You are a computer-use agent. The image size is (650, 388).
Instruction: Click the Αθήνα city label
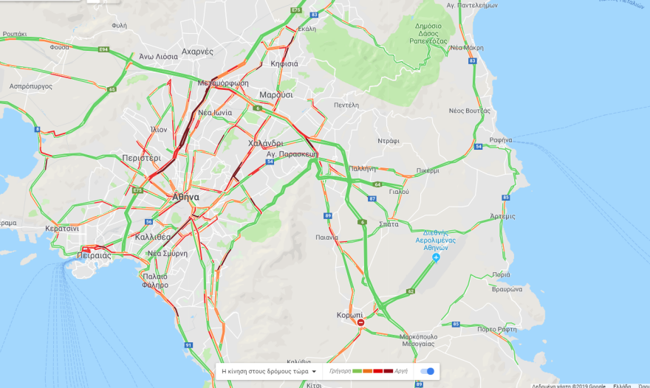pos(185,197)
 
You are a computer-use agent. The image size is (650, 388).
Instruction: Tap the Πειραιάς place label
pos(93,255)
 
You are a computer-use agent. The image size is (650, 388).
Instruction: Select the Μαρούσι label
pos(276,95)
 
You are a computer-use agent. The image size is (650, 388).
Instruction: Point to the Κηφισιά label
pos(284,63)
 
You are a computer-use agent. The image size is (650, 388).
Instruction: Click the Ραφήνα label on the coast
pos(500,139)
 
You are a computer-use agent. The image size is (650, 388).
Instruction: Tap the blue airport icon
pos(436,257)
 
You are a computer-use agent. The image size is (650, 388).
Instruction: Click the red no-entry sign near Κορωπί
pos(360,322)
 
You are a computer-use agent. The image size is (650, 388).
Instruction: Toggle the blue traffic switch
pos(427,371)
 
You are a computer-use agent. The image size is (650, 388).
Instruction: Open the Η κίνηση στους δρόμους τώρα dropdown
pos(270,372)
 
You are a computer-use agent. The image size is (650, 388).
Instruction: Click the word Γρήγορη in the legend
pos(340,372)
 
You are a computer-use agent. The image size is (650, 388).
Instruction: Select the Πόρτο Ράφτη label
pos(495,329)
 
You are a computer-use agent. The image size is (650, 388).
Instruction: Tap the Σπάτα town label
pos(388,224)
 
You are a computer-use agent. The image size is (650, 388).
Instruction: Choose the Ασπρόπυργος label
pos(30,86)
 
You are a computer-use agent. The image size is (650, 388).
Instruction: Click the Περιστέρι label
pos(141,158)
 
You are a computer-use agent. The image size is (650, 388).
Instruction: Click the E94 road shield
pos(104,49)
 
